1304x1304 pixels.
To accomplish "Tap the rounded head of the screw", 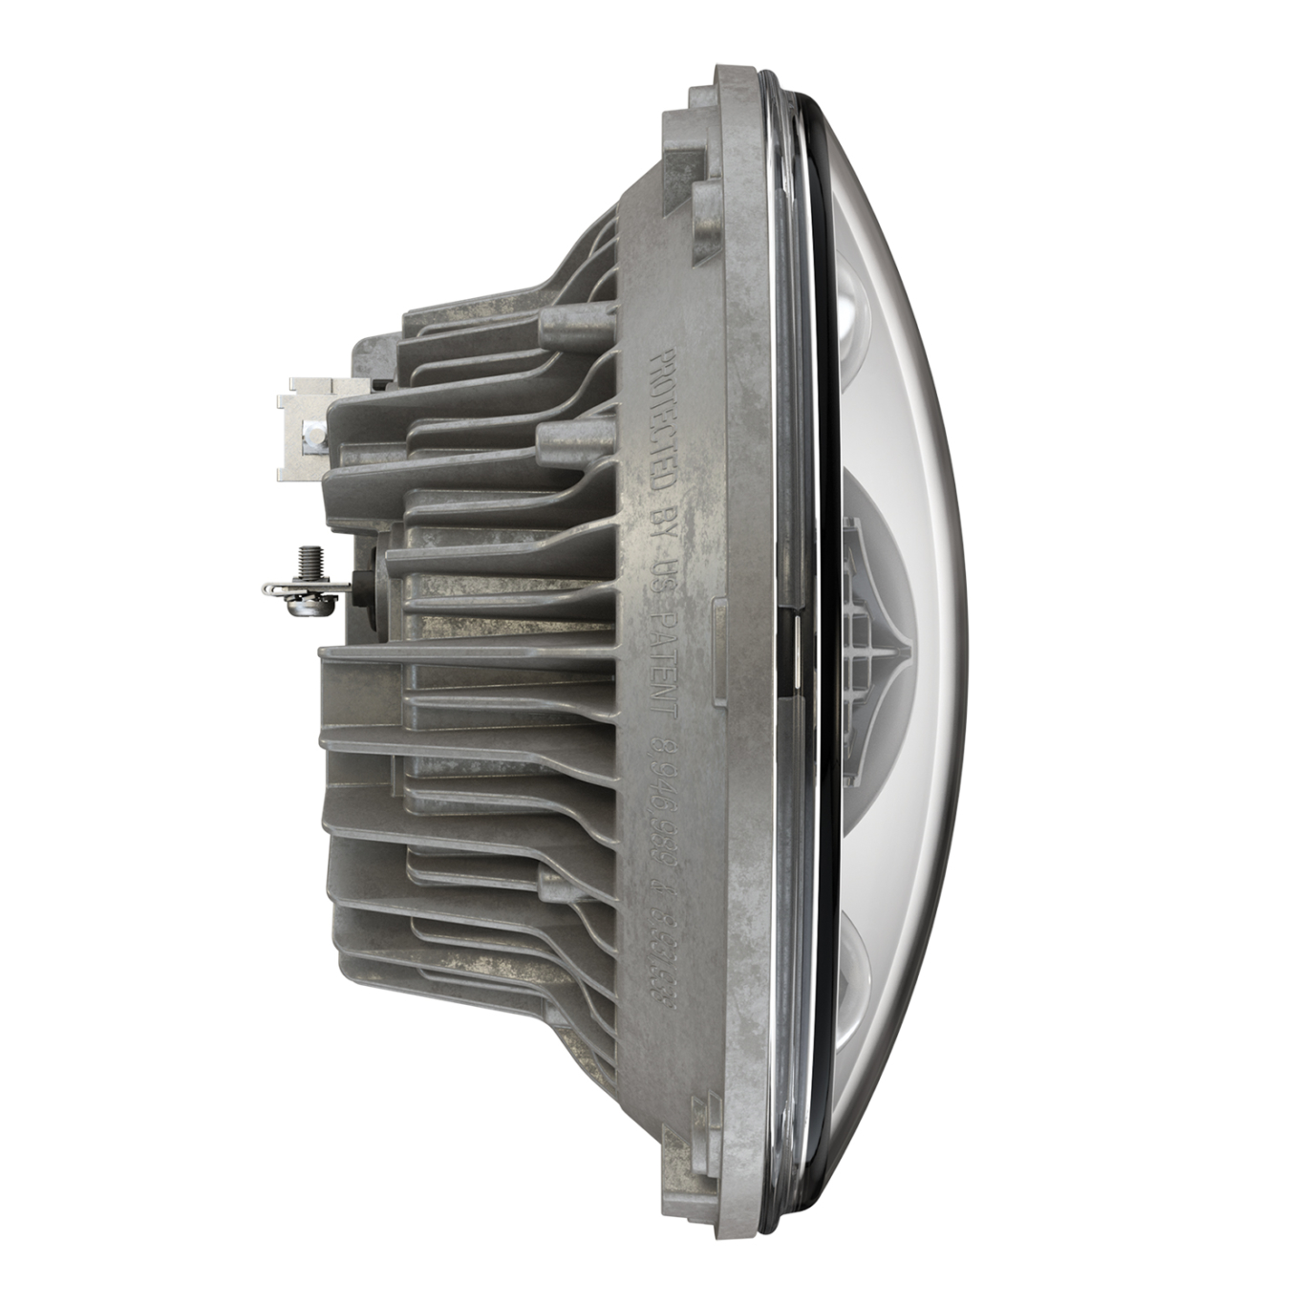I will [308, 601].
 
